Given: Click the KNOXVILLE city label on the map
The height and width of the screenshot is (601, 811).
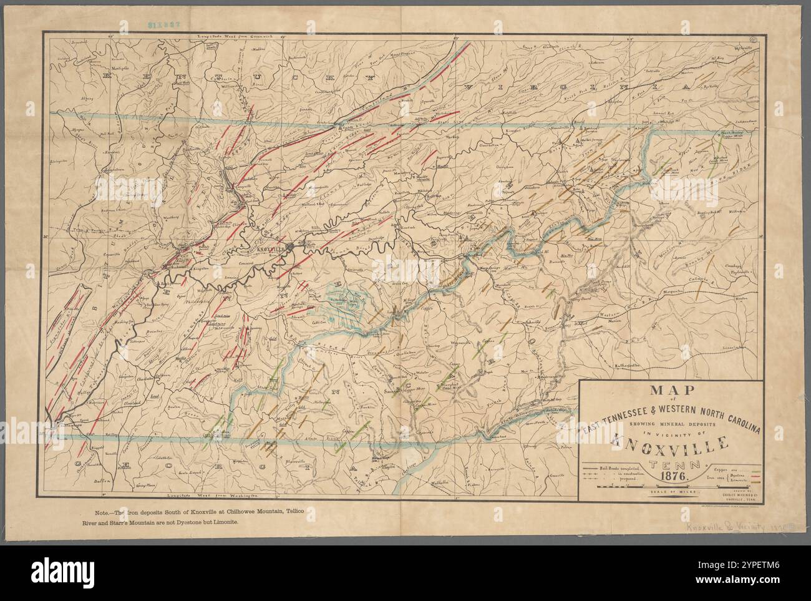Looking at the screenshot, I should coord(270,248).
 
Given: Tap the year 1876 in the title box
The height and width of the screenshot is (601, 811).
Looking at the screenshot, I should coord(671,476).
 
